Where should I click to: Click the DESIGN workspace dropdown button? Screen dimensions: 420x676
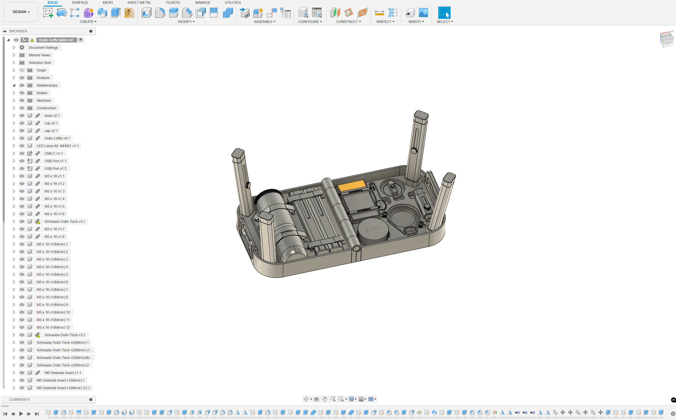tap(21, 12)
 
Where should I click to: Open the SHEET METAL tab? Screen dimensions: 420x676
tap(139, 3)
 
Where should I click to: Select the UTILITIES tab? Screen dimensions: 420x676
tap(232, 3)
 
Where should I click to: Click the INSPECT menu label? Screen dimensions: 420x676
tap(385, 22)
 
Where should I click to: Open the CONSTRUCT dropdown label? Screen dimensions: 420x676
tap(348, 22)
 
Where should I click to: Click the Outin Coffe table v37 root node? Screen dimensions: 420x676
tap(56, 40)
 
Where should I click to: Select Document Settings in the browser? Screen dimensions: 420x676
tap(43, 47)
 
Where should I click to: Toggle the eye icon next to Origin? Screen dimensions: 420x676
tap(22, 70)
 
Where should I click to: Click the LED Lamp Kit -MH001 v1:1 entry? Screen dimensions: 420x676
tap(58, 146)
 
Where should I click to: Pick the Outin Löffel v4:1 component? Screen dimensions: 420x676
tap(57, 138)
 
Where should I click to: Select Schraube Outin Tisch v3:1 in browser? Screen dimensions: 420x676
tap(65, 221)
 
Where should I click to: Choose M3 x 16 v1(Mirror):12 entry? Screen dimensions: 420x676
tap(53, 327)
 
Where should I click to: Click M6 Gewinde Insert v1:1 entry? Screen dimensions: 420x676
tap(63, 373)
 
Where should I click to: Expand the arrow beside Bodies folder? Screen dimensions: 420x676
tap(14, 93)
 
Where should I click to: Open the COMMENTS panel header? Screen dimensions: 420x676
tap(20, 399)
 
